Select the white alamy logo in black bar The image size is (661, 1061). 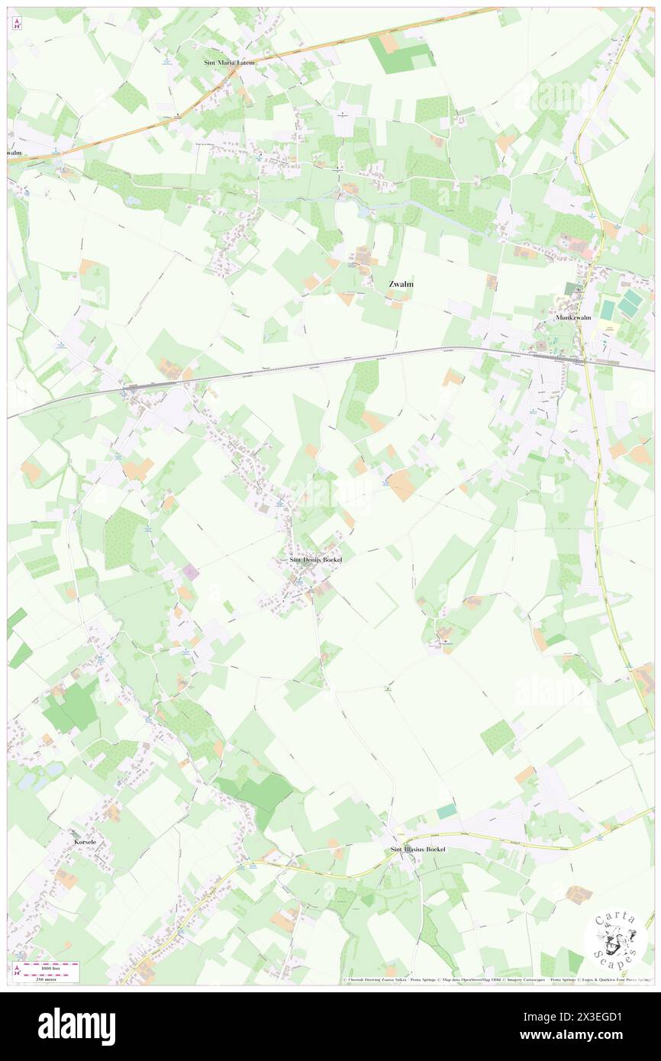coord(76,1026)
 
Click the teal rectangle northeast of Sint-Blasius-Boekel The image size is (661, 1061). coord(447,811)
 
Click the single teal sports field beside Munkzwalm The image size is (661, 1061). coord(608,309)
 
